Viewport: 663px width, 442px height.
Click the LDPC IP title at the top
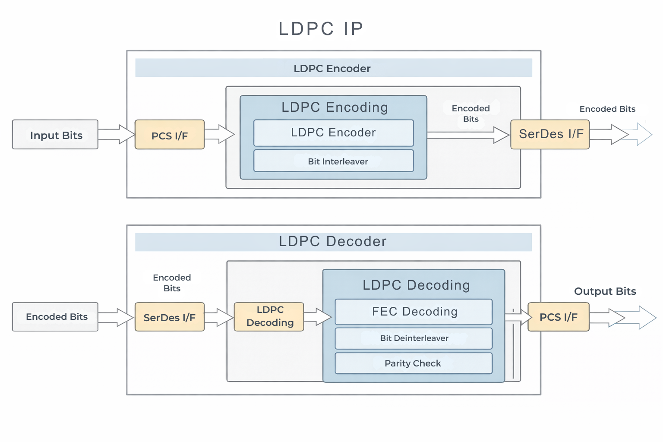tap(321, 29)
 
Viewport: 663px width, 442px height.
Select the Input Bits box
tap(55, 135)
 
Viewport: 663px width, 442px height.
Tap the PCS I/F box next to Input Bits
tap(170, 135)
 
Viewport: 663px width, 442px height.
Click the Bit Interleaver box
tap(334, 161)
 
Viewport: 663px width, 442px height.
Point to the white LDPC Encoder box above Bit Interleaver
tap(334, 133)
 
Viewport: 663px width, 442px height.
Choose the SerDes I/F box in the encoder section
tap(550, 134)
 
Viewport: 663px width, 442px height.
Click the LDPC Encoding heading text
tap(335, 107)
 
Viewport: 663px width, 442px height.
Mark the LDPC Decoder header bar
tap(333, 242)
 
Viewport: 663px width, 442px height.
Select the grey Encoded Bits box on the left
tap(55, 317)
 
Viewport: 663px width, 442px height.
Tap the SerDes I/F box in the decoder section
tap(170, 317)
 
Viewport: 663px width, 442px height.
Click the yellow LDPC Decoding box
tap(269, 316)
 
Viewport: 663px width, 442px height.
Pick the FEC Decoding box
tap(414, 312)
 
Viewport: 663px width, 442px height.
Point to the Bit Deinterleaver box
tap(414, 338)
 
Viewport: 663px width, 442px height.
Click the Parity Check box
tap(414, 363)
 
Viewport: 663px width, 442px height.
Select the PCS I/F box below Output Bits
tap(559, 317)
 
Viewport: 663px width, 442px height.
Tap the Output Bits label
tap(605, 291)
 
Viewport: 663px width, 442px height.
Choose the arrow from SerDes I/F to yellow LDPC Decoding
tap(219, 317)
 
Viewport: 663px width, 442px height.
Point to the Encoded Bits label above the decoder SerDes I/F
tap(172, 283)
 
